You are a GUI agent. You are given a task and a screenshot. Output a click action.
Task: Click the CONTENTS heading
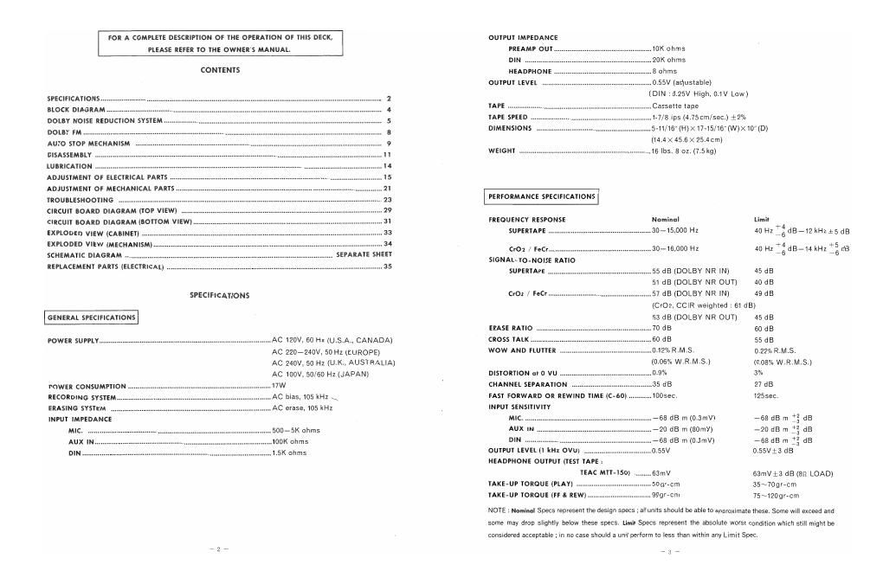click(220, 70)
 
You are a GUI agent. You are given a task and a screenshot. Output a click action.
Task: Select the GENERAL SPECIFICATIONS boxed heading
click(91, 318)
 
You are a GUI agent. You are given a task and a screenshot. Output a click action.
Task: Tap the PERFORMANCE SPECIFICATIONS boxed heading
click(543, 196)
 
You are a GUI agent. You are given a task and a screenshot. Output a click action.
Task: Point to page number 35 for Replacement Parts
click(388, 267)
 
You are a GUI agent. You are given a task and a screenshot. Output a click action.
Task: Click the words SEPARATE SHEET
click(364, 255)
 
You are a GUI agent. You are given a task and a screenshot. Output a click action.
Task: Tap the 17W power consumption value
click(279, 386)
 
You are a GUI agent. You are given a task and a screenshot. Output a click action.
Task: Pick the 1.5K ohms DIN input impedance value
click(289, 452)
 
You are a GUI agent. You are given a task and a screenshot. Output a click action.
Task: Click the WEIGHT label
click(503, 151)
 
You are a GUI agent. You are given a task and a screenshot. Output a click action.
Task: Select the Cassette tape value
click(675, 106)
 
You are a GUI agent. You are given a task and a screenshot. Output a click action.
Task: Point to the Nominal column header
click(665, 220)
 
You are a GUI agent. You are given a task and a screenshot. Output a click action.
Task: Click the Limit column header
click(762, 220)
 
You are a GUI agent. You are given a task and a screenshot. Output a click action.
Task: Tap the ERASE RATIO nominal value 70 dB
click(662, 328)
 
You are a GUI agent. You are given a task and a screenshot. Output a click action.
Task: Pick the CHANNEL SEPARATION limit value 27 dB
click(764, 384)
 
